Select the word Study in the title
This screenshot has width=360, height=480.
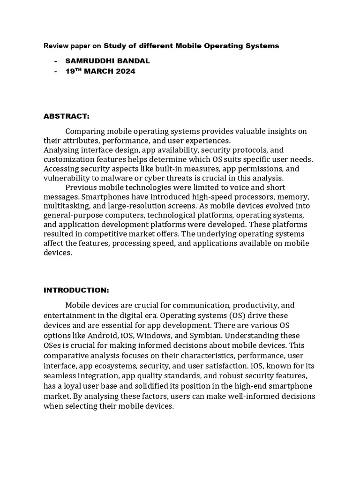114,46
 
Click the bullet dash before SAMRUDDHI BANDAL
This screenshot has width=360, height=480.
56,61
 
